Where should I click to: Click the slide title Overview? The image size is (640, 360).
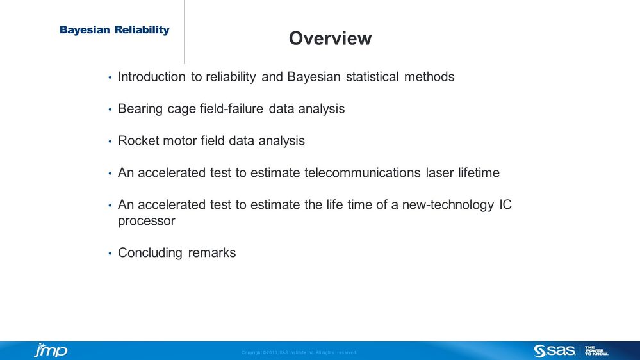click(330, 38)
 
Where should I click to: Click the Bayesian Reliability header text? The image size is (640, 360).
click(115, 30)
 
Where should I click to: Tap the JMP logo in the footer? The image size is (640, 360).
click(50, 350)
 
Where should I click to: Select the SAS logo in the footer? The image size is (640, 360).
click(554, 350)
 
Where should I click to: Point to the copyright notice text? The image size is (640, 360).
click(299, 352)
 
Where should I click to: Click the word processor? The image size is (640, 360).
click(147, 221)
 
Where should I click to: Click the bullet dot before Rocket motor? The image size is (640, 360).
click(110, 142)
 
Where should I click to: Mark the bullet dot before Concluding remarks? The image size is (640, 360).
click(110, 254)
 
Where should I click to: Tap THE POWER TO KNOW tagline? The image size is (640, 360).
click(596, 350)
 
